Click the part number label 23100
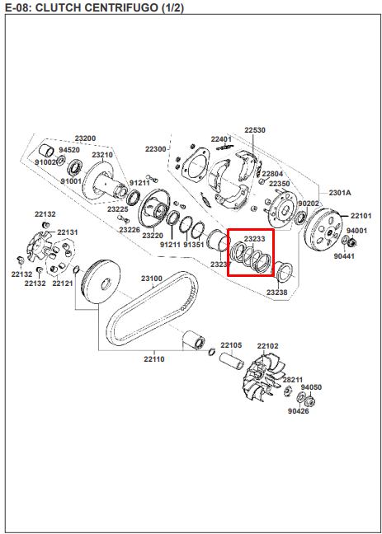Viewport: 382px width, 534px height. tap(152, 279)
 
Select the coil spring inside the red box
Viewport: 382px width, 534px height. tap(251, 258)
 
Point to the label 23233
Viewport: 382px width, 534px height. tap(254, 239)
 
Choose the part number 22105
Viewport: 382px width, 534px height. tap(231, 345)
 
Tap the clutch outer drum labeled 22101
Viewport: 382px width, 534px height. tap(323, 229)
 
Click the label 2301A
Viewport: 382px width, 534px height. tap(340, 193)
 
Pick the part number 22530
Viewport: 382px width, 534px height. tap(255, 130)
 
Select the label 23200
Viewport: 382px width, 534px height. tap(85, 138)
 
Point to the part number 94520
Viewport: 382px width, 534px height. tap(69, 150)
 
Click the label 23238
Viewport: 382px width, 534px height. tap(277, 293)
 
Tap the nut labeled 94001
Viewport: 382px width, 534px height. tap(352, 243)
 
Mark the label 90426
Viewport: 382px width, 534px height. tap(299, 411)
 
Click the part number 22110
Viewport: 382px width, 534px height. tap(154, 359)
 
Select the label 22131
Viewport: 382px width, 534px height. tap(68, 232)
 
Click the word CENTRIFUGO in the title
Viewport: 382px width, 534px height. tap(111, 7)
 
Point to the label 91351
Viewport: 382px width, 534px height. tap(194, 245)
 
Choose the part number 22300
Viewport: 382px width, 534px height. tap(156, 149)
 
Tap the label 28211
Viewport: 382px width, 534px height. tap(293, 380)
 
